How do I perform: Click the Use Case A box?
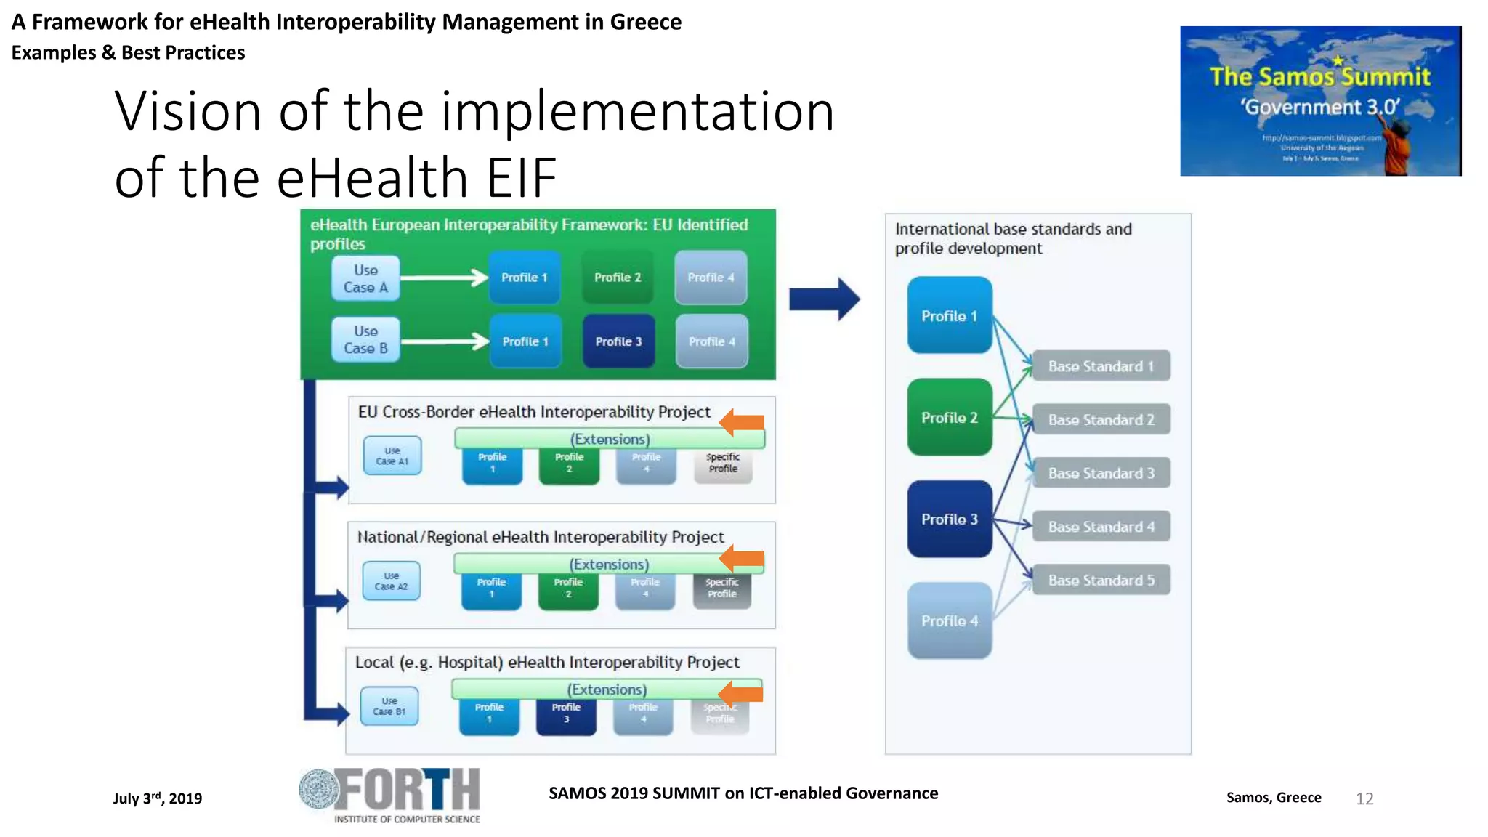[365, 278]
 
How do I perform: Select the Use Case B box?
[365, 339]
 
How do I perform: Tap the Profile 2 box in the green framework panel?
[617, 278]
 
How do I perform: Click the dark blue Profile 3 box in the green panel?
[618, 341]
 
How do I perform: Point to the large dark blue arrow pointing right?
[824, 299]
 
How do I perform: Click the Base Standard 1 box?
[1101, 366]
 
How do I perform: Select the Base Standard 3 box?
[1101, 473]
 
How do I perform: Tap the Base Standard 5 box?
[1101, 580]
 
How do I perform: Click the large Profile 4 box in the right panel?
[949, 620]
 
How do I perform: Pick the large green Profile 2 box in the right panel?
[949, 417]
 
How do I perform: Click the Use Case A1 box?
[392, 456]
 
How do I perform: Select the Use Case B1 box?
[389, 706]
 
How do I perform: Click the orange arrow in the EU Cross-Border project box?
[742, 422]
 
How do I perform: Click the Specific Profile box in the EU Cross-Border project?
[723, 464]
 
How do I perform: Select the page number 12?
[1364, 798]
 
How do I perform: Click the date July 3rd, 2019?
[158, 798]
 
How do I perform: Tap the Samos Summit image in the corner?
[1319, 101]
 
